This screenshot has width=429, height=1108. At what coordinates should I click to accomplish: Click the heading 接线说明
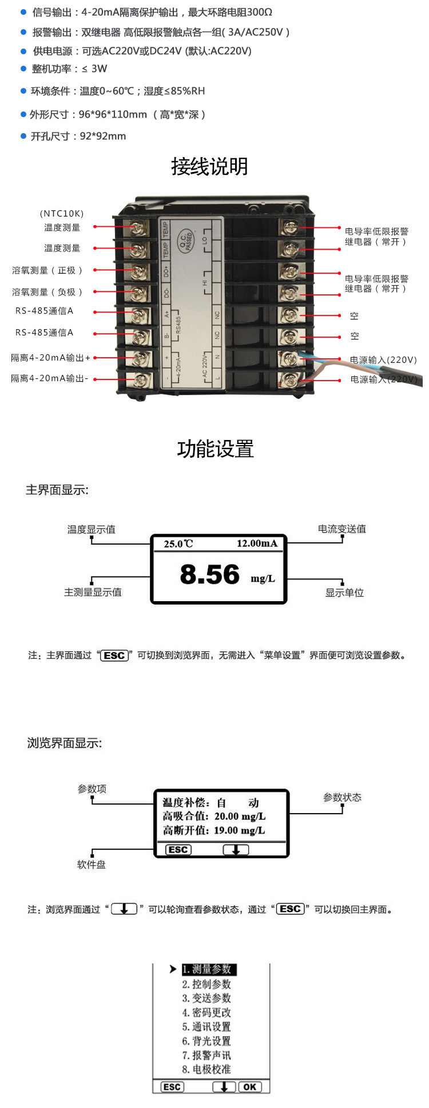(209, 167)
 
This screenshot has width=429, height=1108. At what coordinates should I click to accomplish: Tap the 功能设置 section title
(215, 449)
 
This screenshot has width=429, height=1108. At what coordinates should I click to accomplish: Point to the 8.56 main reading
(209, 574)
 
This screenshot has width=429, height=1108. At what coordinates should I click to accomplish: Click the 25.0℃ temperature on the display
(178, 543)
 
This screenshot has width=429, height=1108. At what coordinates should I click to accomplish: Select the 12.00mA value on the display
(257, 543)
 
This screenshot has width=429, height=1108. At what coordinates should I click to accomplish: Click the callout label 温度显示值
(92, 530)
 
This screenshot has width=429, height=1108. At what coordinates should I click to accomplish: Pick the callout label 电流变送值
(341, 529)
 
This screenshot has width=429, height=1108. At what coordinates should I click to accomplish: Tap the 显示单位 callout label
(344, 593)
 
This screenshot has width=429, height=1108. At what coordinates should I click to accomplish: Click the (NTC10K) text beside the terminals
(62, 214)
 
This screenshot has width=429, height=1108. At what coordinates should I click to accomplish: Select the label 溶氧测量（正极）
(49, 270)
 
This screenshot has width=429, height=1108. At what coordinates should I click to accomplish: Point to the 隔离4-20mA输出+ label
(50, 358)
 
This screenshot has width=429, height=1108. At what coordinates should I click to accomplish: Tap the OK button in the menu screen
(250, 1087)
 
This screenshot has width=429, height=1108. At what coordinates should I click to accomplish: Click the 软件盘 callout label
(92, 865)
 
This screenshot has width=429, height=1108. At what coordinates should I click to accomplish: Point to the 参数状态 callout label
(342, 797)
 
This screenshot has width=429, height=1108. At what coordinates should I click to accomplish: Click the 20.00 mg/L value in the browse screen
(240, 817)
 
